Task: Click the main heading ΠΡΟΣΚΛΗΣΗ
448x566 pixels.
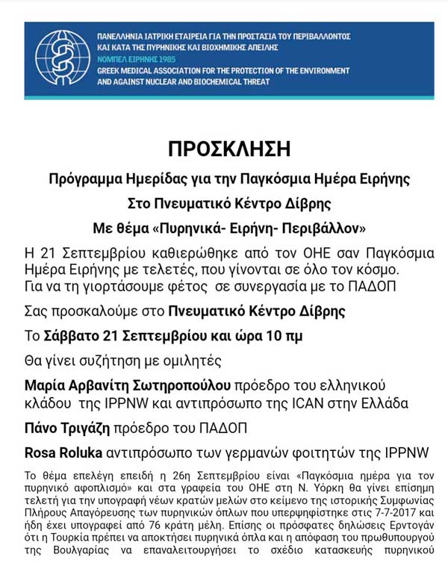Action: tap(228, 149)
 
